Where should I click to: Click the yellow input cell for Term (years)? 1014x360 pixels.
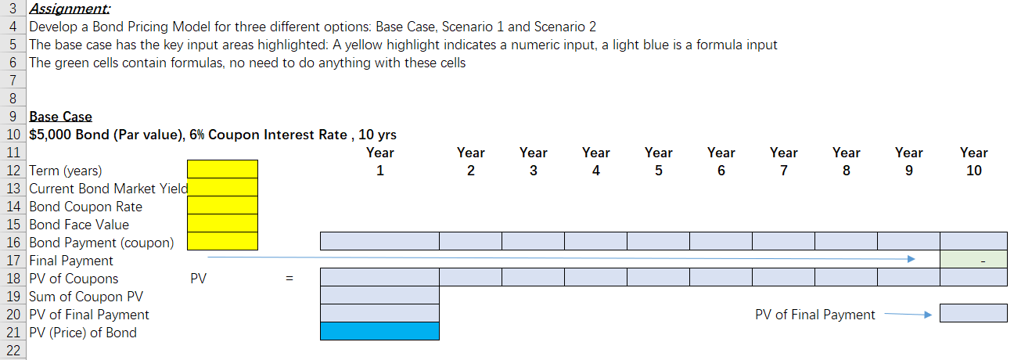(x=222, y=169)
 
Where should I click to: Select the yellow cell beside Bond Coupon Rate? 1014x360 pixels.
(x=222, y=205)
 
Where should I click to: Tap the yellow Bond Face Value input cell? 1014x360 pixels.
(x=222, y=223)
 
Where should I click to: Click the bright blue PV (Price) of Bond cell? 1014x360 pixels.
(x=379, y=331)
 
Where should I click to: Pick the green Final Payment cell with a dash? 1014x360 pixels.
(x=973, y=260)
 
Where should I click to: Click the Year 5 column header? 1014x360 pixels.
(x=658, y=162)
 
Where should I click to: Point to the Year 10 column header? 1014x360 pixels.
(x=974, y=162)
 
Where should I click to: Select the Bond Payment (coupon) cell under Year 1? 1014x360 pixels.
(x=379, y=241)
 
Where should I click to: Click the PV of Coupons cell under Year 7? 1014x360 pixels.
(x=784, y=277)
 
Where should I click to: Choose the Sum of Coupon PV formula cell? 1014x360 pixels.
(x=379, y=295)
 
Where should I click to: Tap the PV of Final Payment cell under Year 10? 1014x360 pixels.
(x=973, y=313)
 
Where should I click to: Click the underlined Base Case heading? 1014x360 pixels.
(x=61, y=117)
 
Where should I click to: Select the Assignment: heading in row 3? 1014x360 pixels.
(x=70, y=9)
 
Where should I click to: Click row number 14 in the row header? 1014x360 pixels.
(x=13, y=207)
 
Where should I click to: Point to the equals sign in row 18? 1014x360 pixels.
(x=289, y=278)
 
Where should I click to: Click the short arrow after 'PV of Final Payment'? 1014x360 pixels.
(x=908, y=314)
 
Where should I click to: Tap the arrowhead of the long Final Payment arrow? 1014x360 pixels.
(x=912, y=259)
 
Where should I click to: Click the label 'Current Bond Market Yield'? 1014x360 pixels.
(x=108, y=189)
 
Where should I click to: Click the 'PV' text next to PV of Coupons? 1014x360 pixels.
(x=198, y=279)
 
